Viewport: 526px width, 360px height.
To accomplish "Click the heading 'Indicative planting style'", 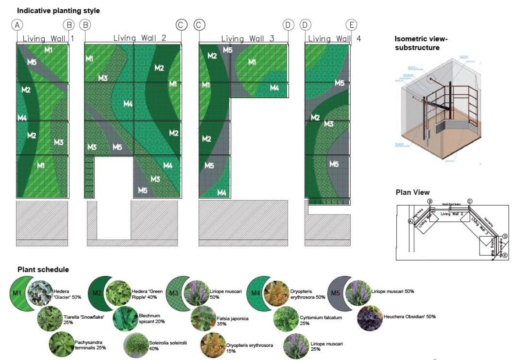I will (58, 10).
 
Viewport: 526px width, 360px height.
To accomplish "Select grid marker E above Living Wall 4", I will (350, 25).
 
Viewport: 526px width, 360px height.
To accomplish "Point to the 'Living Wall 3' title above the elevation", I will (248, 39).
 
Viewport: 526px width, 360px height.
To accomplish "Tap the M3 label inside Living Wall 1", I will (59, 142).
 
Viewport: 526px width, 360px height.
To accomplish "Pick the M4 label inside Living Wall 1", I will (22, 118).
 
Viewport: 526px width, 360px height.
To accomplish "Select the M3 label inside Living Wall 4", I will (329, 124).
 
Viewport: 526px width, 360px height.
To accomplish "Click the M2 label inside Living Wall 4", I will (315, 117).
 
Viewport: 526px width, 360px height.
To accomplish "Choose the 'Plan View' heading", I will (412, 192).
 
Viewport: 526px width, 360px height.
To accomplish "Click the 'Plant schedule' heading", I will (43, 269).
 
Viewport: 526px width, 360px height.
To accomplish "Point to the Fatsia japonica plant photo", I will (203, 319).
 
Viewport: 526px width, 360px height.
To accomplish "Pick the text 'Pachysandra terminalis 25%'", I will (90, 345).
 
